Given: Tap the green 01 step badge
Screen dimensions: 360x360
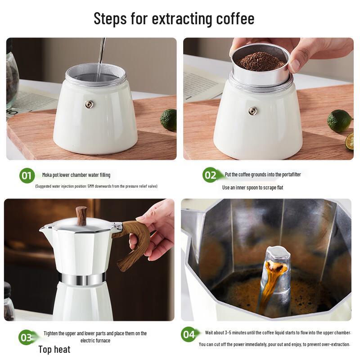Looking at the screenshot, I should pyautogui.click(x=27, y=175).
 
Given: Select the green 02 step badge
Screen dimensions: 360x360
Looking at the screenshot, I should pyautogui.click(x=210, y=175).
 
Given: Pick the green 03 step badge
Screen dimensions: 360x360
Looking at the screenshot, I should pyautogui.click(x=27, y=337).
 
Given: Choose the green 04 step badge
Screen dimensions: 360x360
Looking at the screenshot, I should pyautogui.click(x=189, y=334).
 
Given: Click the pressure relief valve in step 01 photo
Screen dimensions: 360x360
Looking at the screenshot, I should pyautogui.click(x=90, y=104).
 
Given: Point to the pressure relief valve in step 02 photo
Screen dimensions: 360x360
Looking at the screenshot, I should pyautogui.click(x=253, y=111).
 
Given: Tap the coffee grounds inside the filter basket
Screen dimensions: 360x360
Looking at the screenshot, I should pyautogui.click(x=261, y=61).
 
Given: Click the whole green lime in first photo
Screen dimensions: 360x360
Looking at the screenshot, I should pyautogui.click(x=169, y=120).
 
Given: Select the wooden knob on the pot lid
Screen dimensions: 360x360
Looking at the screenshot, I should pyautogui.click(x=81, y=215).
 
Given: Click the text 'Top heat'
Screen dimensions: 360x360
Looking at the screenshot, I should pyautogui.click(x=54, y=349).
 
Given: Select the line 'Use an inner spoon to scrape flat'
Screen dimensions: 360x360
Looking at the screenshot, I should pyautogui.click(x=252, y=187).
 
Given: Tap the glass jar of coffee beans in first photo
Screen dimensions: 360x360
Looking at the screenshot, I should pyautogui.click(x=11, y=76).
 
